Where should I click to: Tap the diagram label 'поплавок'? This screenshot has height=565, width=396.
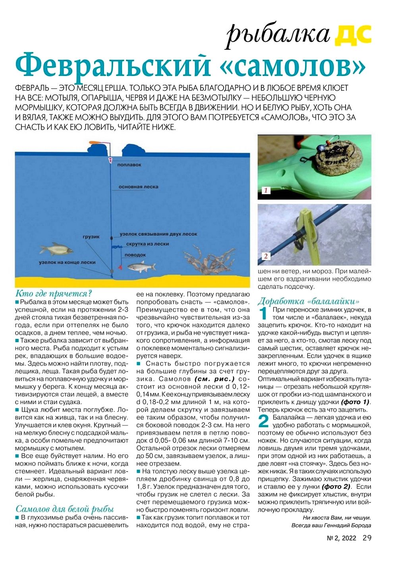[129, 165]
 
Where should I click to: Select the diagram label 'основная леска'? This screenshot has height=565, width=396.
[138, 187]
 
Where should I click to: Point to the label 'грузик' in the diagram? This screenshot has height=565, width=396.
[91, 237]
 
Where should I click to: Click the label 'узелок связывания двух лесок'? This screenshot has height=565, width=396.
[158, 234]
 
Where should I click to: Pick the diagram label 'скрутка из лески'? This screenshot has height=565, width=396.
[147, 244]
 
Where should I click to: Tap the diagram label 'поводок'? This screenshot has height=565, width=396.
[135, 255]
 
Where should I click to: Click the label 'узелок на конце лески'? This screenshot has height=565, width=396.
[67, 262]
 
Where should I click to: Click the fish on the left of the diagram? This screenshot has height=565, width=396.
[56, 250]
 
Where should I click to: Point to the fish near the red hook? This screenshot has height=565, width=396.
[141, 266]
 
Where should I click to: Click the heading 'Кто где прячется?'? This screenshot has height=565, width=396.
[54, 294]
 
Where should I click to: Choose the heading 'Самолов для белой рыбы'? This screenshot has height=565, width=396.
[65, 509]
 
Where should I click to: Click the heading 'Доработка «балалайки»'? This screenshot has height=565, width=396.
[309, 301]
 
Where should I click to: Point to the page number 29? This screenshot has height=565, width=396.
[367, 538]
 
